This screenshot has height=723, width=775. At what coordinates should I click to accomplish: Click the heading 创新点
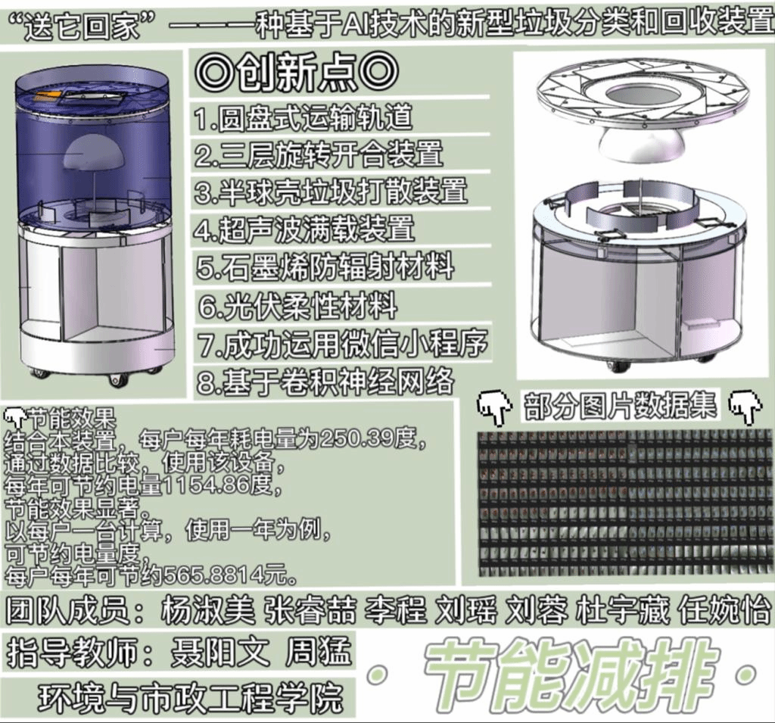297,73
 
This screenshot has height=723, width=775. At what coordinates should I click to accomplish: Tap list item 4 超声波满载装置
304,229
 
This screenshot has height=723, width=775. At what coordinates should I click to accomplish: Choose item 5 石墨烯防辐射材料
324,267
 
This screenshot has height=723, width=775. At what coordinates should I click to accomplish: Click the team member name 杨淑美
207,609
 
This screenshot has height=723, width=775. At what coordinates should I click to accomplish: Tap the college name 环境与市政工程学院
191,697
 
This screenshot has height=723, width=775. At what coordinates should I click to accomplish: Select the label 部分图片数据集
621,407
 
